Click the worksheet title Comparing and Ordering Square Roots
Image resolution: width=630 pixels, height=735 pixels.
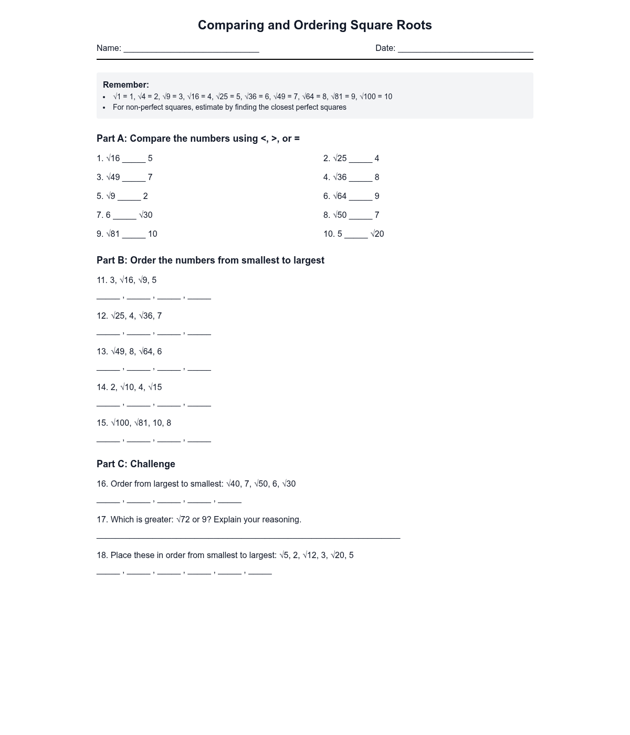[314, 25]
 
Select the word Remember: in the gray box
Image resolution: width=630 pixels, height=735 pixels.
[126, 85]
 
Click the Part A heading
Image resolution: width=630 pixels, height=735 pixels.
[198, 139]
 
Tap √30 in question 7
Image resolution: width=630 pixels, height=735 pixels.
[146, 215]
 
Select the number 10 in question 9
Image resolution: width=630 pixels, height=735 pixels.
[153, 234]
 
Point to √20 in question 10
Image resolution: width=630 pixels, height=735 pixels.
[377, 234]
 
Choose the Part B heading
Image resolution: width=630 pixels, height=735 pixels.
[210, 260]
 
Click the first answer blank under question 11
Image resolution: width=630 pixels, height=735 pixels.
[108, 297]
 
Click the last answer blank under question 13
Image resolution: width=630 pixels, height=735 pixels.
[199, 369]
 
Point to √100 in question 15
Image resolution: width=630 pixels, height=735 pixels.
[120, 423]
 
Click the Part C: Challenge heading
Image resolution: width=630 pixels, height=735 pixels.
[135, 464]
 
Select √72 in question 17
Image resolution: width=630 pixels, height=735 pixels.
[183, 519]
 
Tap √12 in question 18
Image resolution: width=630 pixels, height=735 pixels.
[309, 555]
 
